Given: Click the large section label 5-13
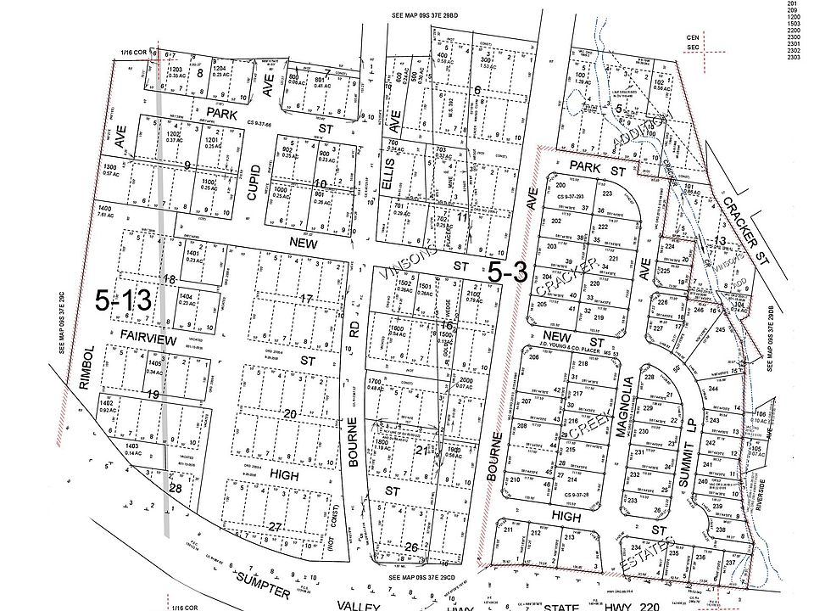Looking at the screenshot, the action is point(123,300).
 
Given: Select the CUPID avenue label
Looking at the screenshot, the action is point(252,182).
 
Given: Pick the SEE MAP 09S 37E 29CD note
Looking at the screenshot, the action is point(422,577).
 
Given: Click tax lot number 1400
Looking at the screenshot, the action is point(105,208).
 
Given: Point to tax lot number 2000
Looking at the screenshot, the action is point(464,381).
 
